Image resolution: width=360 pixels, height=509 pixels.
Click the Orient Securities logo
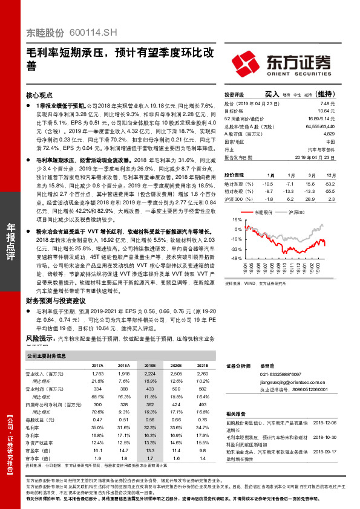pos(282,62)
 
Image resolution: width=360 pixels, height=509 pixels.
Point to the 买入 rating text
pos(272,94)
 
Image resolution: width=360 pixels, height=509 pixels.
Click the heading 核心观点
pos(39,95)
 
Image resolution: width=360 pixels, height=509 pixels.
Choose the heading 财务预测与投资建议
pos(55,300)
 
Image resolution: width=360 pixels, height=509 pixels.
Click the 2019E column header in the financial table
pos(150,366)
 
